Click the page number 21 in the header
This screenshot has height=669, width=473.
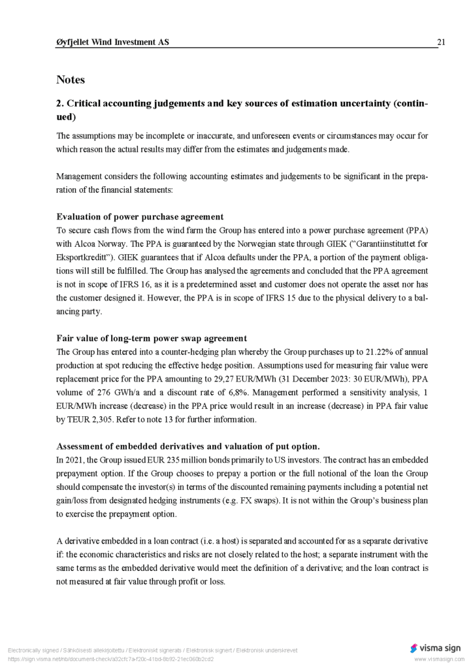tap(441, 42)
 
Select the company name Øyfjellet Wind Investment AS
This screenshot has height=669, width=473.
tap(112, 42)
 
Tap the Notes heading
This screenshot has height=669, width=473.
tap(71, 80)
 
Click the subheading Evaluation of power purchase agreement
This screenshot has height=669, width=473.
tap(140, 217)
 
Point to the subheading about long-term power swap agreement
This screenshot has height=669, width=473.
tap(152, 338)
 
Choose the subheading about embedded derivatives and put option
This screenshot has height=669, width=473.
tap(188, 447)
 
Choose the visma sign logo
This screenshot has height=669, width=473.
tap(435, 648)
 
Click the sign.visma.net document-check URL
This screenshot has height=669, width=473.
tap(110, 659)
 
